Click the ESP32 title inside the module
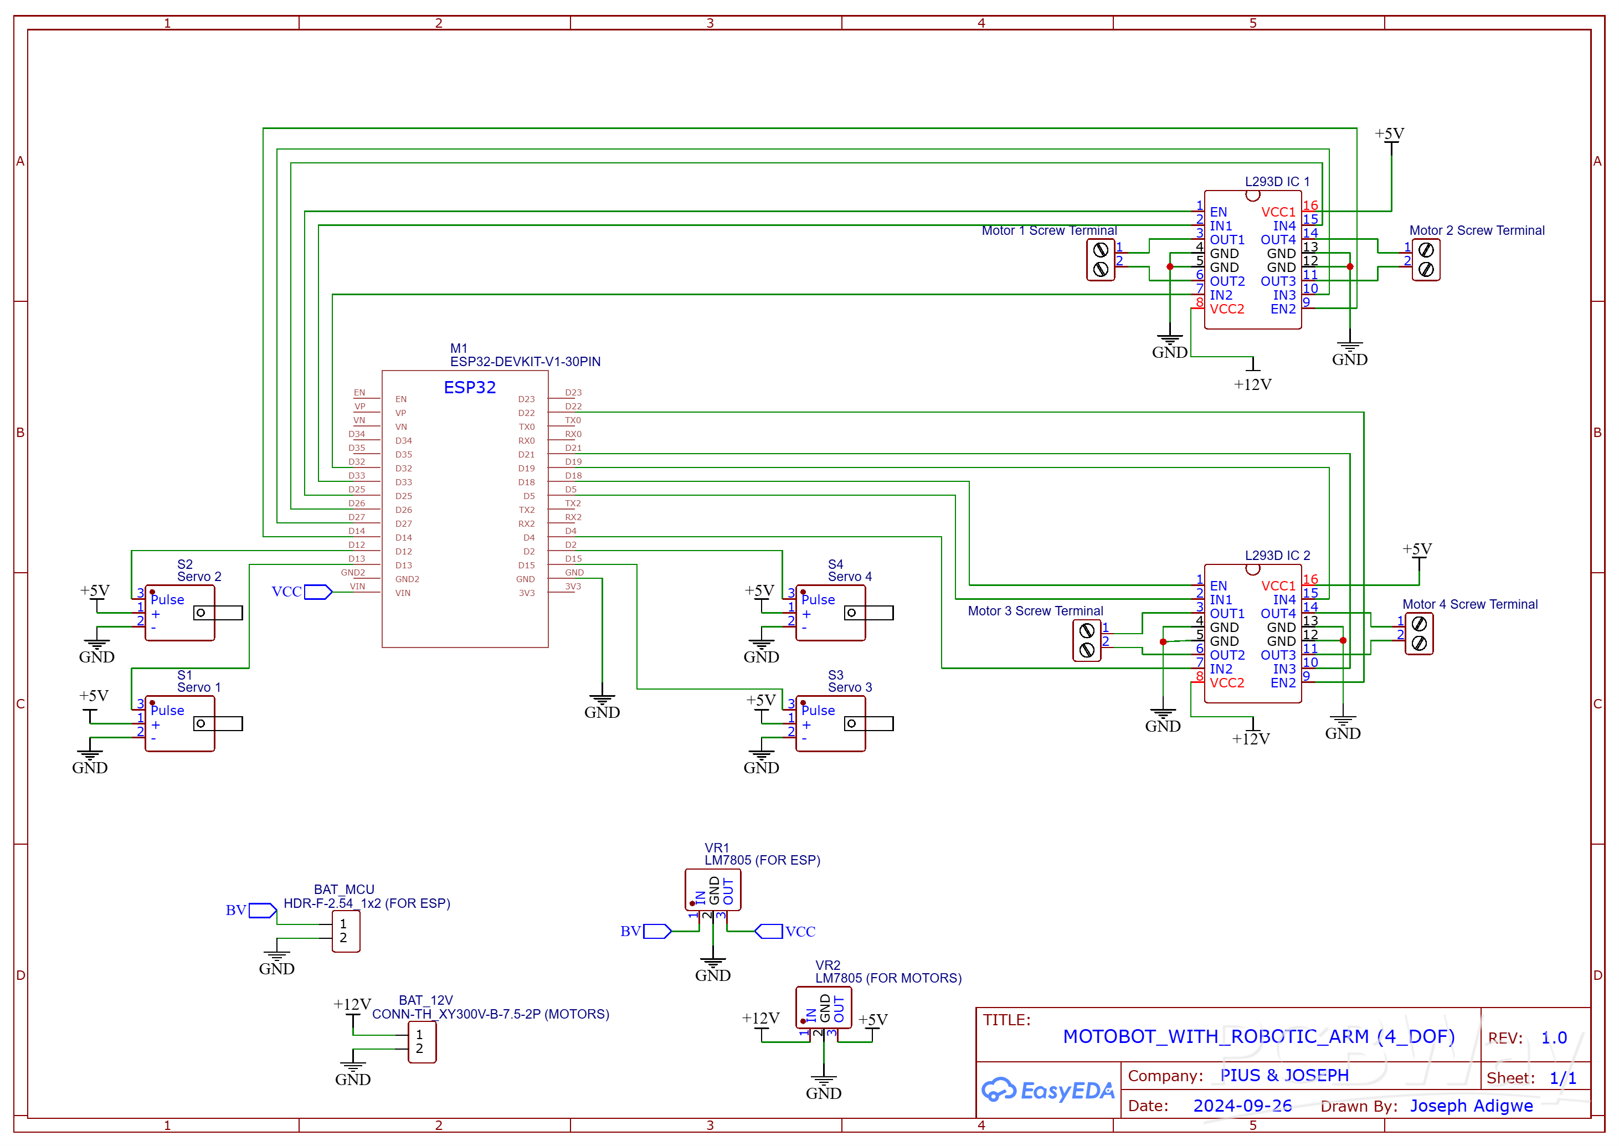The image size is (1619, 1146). pyautogui.click(x=469, y=387)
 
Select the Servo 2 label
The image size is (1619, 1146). pyautogui.click(x=199, y=577)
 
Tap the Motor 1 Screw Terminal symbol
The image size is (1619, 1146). pyautogui.click(x=1100, y=260)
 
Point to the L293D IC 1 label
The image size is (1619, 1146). pyautogui.click(x=1277, y=181)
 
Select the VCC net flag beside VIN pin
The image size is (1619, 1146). pyautogui.click(x=317, y=592)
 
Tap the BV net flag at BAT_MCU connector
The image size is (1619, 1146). pyautogui.click(x=262, y=910)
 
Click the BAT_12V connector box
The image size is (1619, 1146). pyautogui.click(x=422, y=1041)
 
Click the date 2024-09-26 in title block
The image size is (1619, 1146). pyautogui.click(x=1242, y=1106)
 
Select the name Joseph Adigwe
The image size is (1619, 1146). pyautogui.click(x=1471, y=1106)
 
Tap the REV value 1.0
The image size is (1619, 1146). pyautogui.click(x=1554, y=1038)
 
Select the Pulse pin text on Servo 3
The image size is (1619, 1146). pyautogui.click(x=818, y=711)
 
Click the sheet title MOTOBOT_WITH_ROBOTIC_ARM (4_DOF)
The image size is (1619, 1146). pyautogui.click(x=1258, y=1037)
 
